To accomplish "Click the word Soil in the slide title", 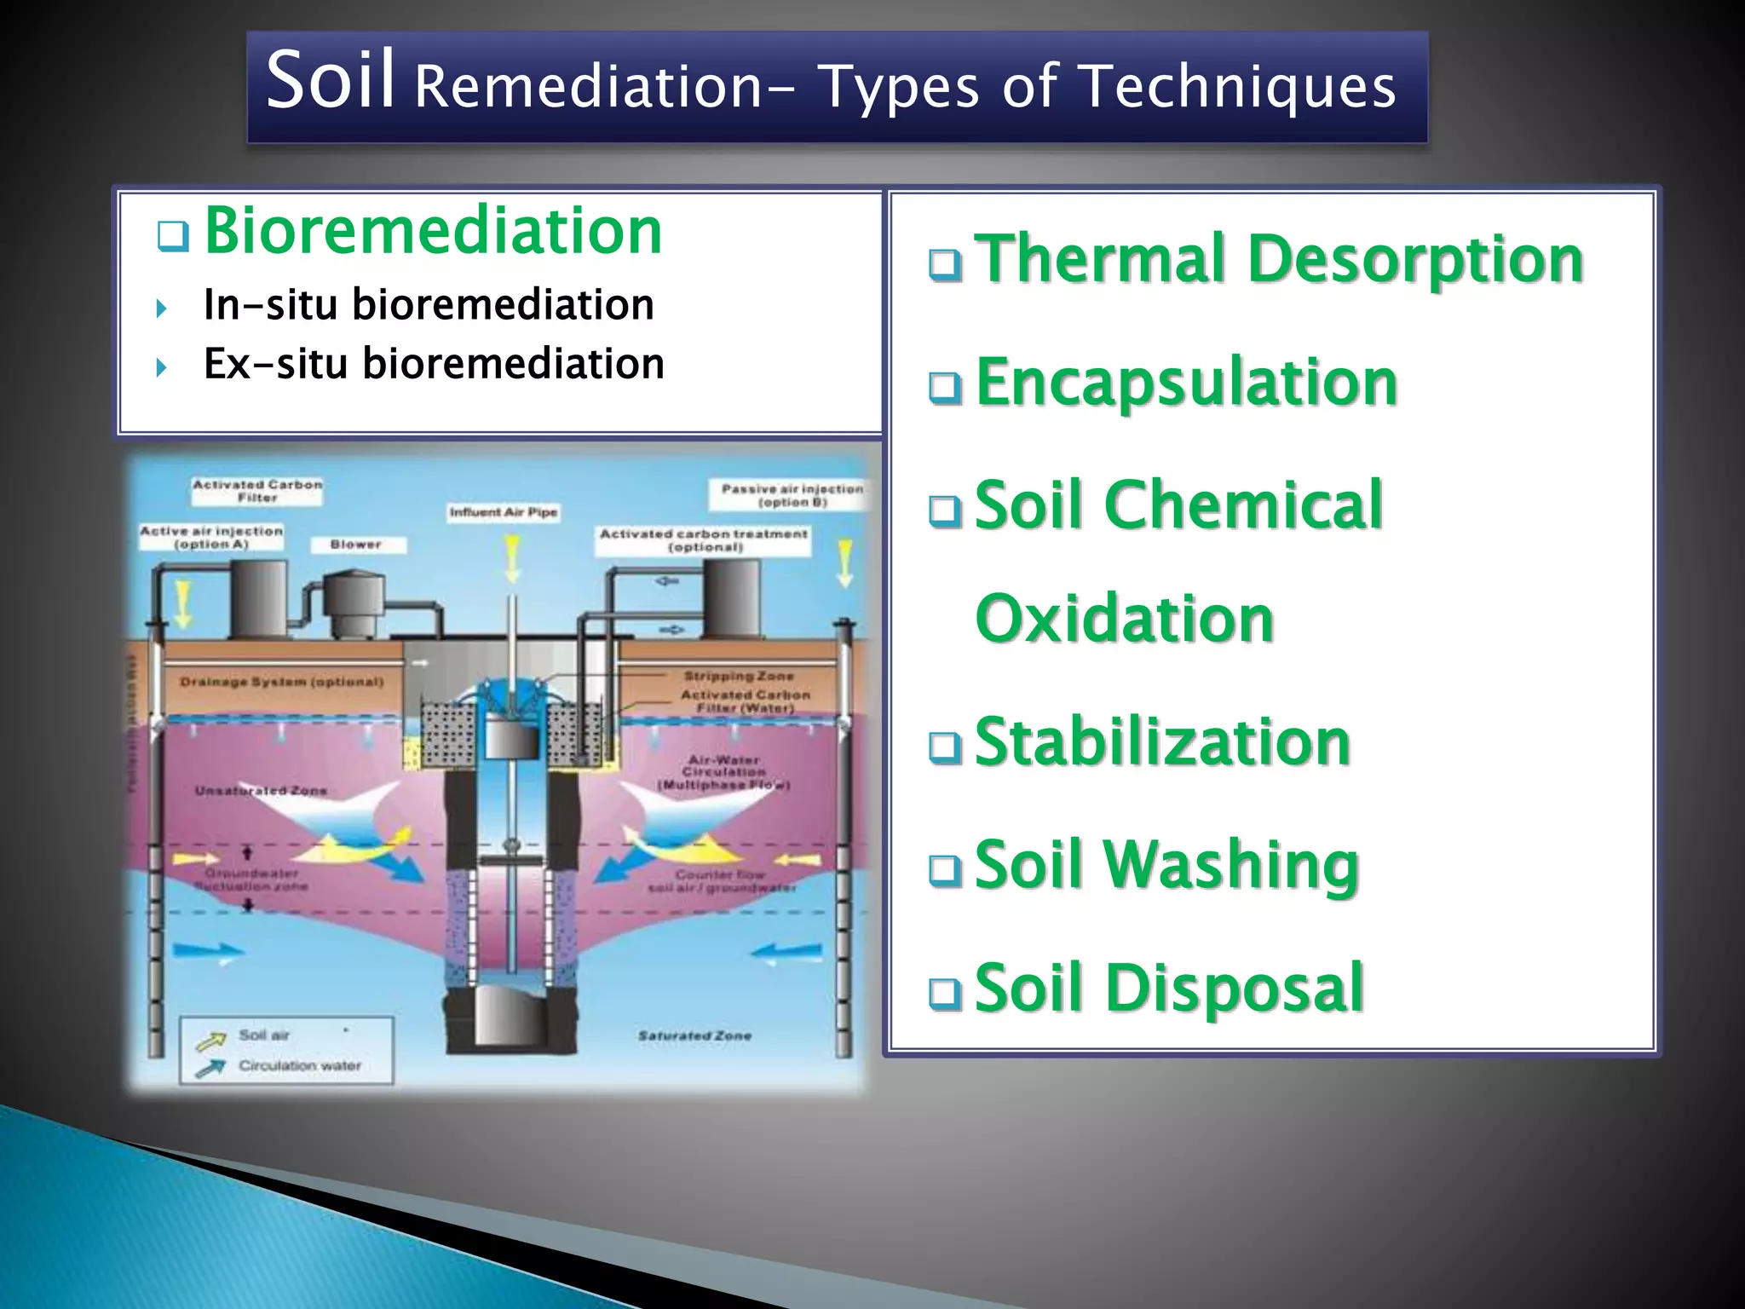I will [331, 82].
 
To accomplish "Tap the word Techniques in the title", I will [1236, 88].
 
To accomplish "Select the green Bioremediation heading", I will [433, 231].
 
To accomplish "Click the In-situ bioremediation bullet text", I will [429, 305].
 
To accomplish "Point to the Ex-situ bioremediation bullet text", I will [434, 364].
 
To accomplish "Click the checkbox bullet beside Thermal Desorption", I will [945, 265].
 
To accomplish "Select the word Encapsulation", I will [1187, 383].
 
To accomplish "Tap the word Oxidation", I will [1125, 619].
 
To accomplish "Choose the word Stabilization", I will [1163, 742].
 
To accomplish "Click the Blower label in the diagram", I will [356, 545].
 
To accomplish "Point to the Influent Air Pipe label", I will [504, 512].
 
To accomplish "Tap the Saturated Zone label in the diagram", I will [694, 1036].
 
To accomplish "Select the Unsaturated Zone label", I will [261, 791].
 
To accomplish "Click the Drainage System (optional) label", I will [282, 682].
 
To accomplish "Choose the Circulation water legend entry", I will [299, 1066].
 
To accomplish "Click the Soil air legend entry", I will [264, 1035].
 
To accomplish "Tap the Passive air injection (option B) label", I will [792, 495].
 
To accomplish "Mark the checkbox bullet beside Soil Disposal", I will [945, 993].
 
